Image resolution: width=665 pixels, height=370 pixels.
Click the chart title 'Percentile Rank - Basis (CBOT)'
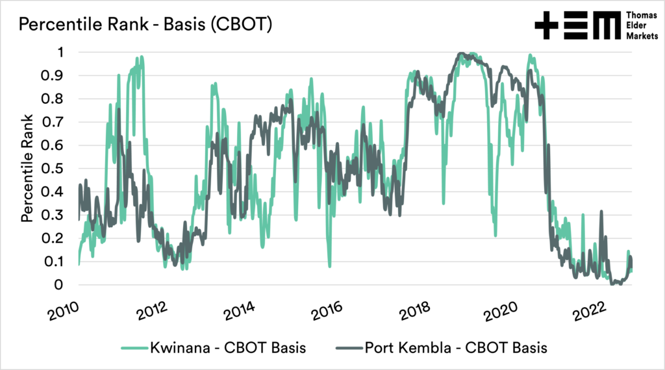pos(145,25)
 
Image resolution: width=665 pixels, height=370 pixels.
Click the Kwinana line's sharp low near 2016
pos(329,265)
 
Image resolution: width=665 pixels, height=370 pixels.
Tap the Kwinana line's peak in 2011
pos(141,57)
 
